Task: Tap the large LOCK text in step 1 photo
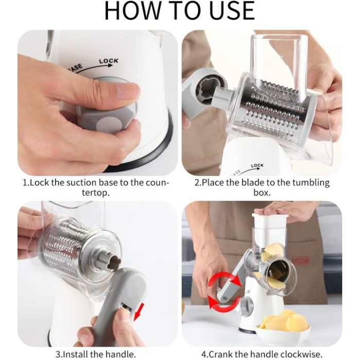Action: pyautogui.click(x=109, y=61)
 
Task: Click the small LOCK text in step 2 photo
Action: pyautogui.click(x=257, y=166)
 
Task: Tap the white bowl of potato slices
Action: pyautogui.click(x=282, y=329)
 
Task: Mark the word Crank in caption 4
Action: pyautogui.click(x=221, y=354)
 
